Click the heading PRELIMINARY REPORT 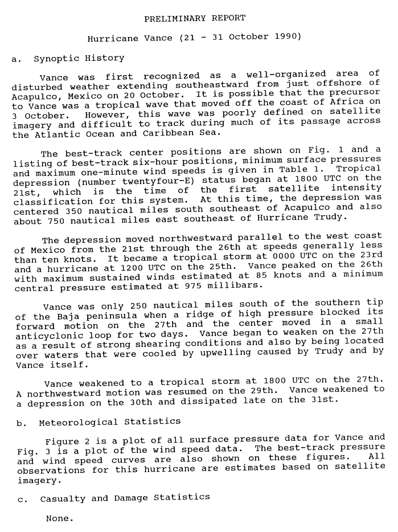pos(195,18)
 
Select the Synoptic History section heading pos(79,58)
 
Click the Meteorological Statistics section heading pos(110,422)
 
